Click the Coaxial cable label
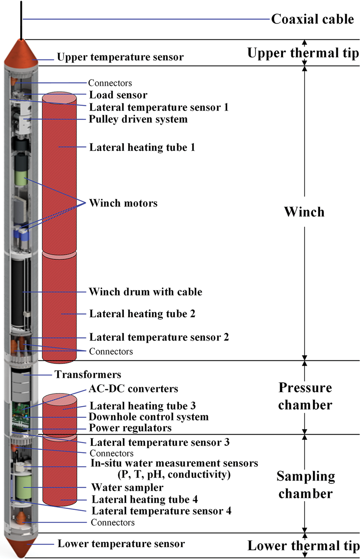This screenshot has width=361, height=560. click(312, 19)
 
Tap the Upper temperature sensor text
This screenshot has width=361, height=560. click(120, 57)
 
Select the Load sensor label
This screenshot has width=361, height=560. click(118, 95)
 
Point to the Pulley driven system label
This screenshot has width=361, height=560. click(138, 119)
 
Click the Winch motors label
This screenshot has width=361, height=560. click(123, 203)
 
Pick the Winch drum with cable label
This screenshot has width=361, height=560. click(145, 292)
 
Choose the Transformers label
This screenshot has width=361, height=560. click(88, 374)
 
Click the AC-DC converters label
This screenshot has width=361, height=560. click(133, 389)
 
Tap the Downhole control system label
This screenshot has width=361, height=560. click(149, 417)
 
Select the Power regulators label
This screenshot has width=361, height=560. click(130, 428)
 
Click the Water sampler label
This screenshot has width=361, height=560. click(127, 487)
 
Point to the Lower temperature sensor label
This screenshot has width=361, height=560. click(121, 544)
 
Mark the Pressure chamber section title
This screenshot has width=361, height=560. click(305, 396)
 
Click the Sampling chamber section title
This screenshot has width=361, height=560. click(306, 485)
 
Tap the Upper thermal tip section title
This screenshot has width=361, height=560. click(303, 53)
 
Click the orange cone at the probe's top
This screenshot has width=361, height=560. click(21, 52)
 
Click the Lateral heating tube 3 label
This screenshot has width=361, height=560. click(143, 406)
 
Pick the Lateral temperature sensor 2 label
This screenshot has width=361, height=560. click(159, 337)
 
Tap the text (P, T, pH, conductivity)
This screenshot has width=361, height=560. click(174, 474)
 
